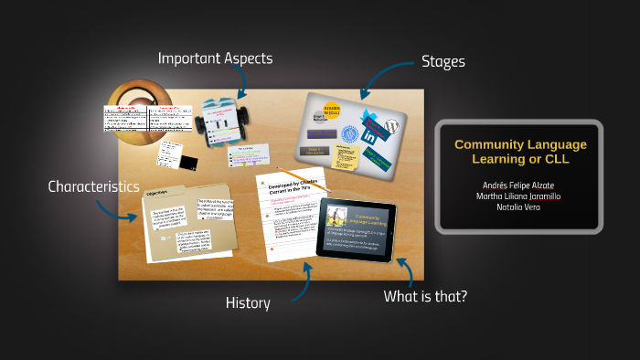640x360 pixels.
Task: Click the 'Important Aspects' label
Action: click(215, 58)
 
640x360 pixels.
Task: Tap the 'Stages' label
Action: click(443, 62)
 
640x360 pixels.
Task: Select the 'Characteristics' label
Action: click(93, 186)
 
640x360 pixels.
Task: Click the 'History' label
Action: click(248, 303)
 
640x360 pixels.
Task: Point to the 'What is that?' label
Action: click(426, 296)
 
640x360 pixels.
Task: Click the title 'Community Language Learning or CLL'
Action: click(520, 153)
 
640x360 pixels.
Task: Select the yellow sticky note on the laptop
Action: click(347, 159)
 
